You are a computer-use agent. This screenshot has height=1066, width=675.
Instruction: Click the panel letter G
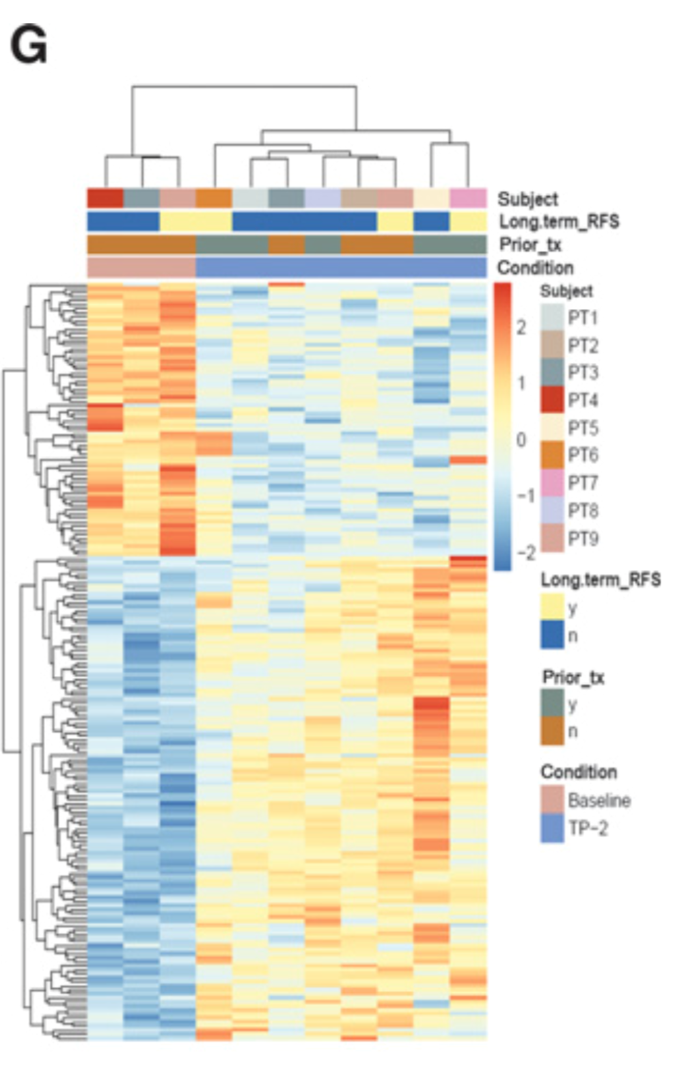click(x=29, y=46)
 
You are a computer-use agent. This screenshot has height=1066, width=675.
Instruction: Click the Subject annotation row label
click(x=527, y=199)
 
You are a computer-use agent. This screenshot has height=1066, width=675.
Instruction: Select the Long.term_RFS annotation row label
click(x=559, y=221)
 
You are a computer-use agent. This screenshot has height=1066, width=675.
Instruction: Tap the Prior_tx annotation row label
click(x=530, y=245)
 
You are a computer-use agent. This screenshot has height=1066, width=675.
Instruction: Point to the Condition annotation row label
click(x=535, y=267)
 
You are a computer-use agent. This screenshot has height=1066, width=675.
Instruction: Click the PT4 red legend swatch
click(x=552, y=400)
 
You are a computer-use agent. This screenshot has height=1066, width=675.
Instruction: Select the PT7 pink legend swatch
click(x=552, y=483)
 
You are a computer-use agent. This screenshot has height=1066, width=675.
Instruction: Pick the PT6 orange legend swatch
click(x=552, y=455)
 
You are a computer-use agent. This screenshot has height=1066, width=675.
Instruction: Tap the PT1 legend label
click(x=583, y=318)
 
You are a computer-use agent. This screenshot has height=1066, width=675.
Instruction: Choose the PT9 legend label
click(x=583, y=538)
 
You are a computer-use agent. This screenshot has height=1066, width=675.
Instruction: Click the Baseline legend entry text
click(x=599, y=800)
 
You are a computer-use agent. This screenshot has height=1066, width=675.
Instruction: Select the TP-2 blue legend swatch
click(x=552, y=828)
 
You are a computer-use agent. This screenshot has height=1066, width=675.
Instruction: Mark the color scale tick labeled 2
click(x=521, y=327)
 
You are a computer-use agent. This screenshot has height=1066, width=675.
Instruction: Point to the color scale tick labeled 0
click(x=521, y=439)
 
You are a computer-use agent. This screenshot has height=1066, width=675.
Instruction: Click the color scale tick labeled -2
click(x=525, y=552)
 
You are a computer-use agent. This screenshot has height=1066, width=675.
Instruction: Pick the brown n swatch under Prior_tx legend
click(x=552, y=731)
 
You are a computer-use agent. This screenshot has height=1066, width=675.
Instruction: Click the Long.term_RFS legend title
click(x=601, y=580)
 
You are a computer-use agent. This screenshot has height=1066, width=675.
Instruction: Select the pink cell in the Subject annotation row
click(x=468, y=198)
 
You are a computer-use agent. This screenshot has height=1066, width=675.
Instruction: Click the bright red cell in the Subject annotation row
click(x=105, y=198)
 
